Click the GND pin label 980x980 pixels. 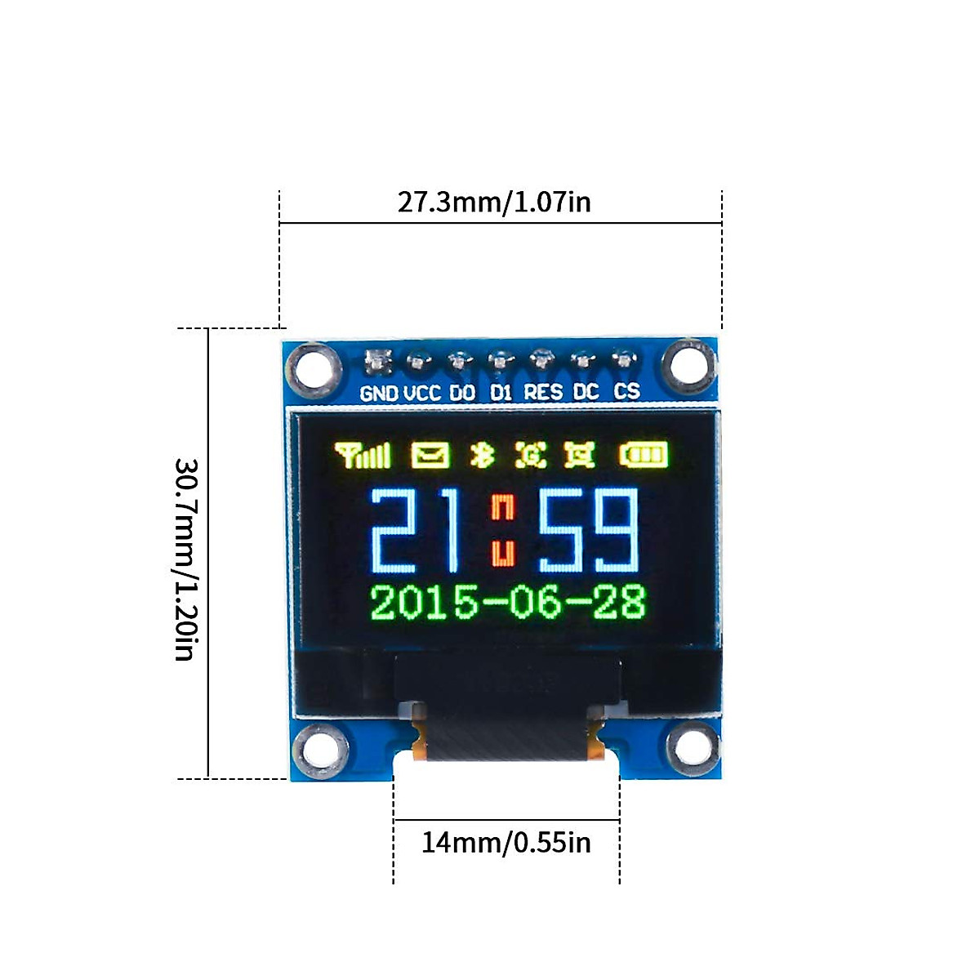point(379,393)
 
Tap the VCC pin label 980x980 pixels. point(422,393)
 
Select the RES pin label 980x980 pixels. point(543,392)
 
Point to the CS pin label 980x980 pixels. point(626,391)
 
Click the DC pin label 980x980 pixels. point(586,392)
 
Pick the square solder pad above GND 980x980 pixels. point(377,360)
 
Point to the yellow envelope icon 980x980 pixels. point(430,455)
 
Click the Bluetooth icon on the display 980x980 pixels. point(483,455)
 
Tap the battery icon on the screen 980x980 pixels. point(644,455)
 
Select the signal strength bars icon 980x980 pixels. point(363,455)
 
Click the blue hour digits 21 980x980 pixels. point(415,531)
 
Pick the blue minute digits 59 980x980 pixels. point(588,531)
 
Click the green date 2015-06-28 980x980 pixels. point(508,603)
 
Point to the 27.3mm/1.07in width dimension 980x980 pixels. point(494,202)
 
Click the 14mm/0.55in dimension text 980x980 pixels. point(506,842)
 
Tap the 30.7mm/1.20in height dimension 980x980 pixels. point(185,559)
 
